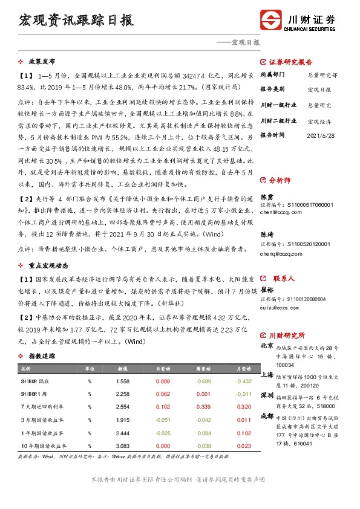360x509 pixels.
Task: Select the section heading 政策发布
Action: [42, 62]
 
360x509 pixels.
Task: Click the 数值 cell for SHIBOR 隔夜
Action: [123, 381]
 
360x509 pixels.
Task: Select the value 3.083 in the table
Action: [123, 445]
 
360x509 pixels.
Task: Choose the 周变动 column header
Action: [203, 368]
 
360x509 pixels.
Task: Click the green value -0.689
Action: [203, 381]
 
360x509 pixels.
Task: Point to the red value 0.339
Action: [203, 407]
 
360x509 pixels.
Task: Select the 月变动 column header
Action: [244, 368]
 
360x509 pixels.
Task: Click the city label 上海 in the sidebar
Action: [266, 375]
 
